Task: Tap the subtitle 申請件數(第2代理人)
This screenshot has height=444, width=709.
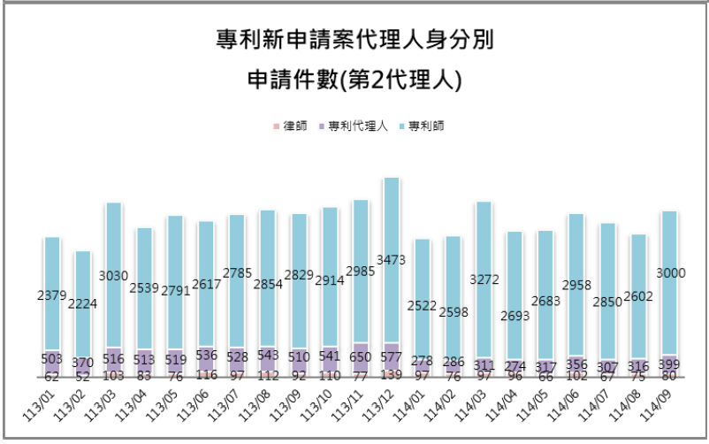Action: [x=354, y=80]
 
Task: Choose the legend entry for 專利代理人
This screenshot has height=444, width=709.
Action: [x=355, y=126]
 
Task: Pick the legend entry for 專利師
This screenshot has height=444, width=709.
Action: [x=424, y=126]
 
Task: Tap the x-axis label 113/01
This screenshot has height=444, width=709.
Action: [x=45, y=400]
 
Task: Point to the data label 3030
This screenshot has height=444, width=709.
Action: [x=113, y=276]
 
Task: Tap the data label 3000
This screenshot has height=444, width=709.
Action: [x=668, y=273]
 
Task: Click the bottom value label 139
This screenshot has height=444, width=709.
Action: [x=391, y=376]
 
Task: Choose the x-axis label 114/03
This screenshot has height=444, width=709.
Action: [x=475, y=400]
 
